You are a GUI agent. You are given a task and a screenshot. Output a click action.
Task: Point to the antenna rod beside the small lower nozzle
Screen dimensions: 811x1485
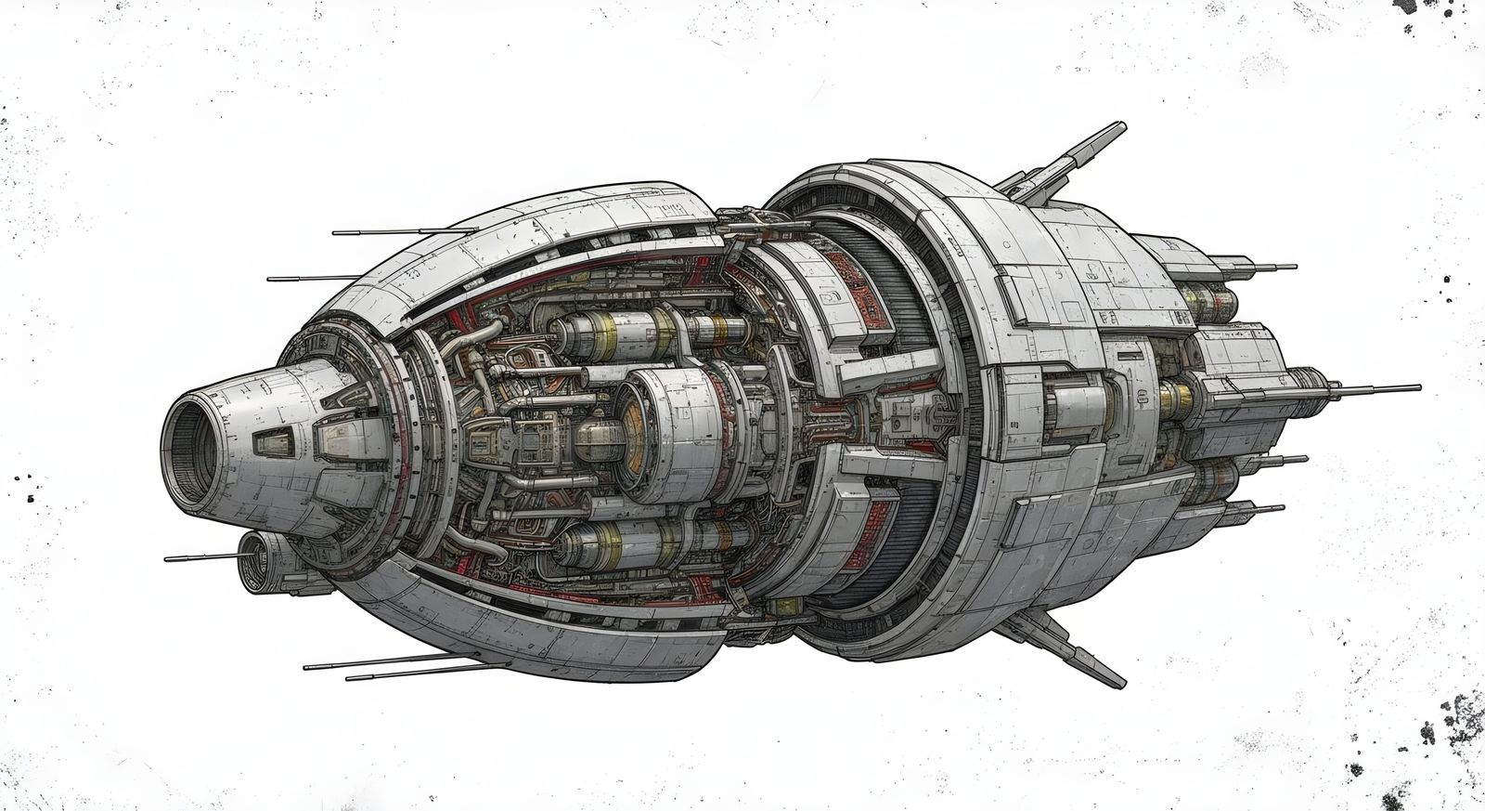click(200, 557)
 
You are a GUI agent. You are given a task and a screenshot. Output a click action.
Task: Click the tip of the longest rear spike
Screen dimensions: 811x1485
click(1417, 387)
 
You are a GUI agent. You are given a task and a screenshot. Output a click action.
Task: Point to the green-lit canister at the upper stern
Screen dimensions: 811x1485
click(1207, 300)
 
